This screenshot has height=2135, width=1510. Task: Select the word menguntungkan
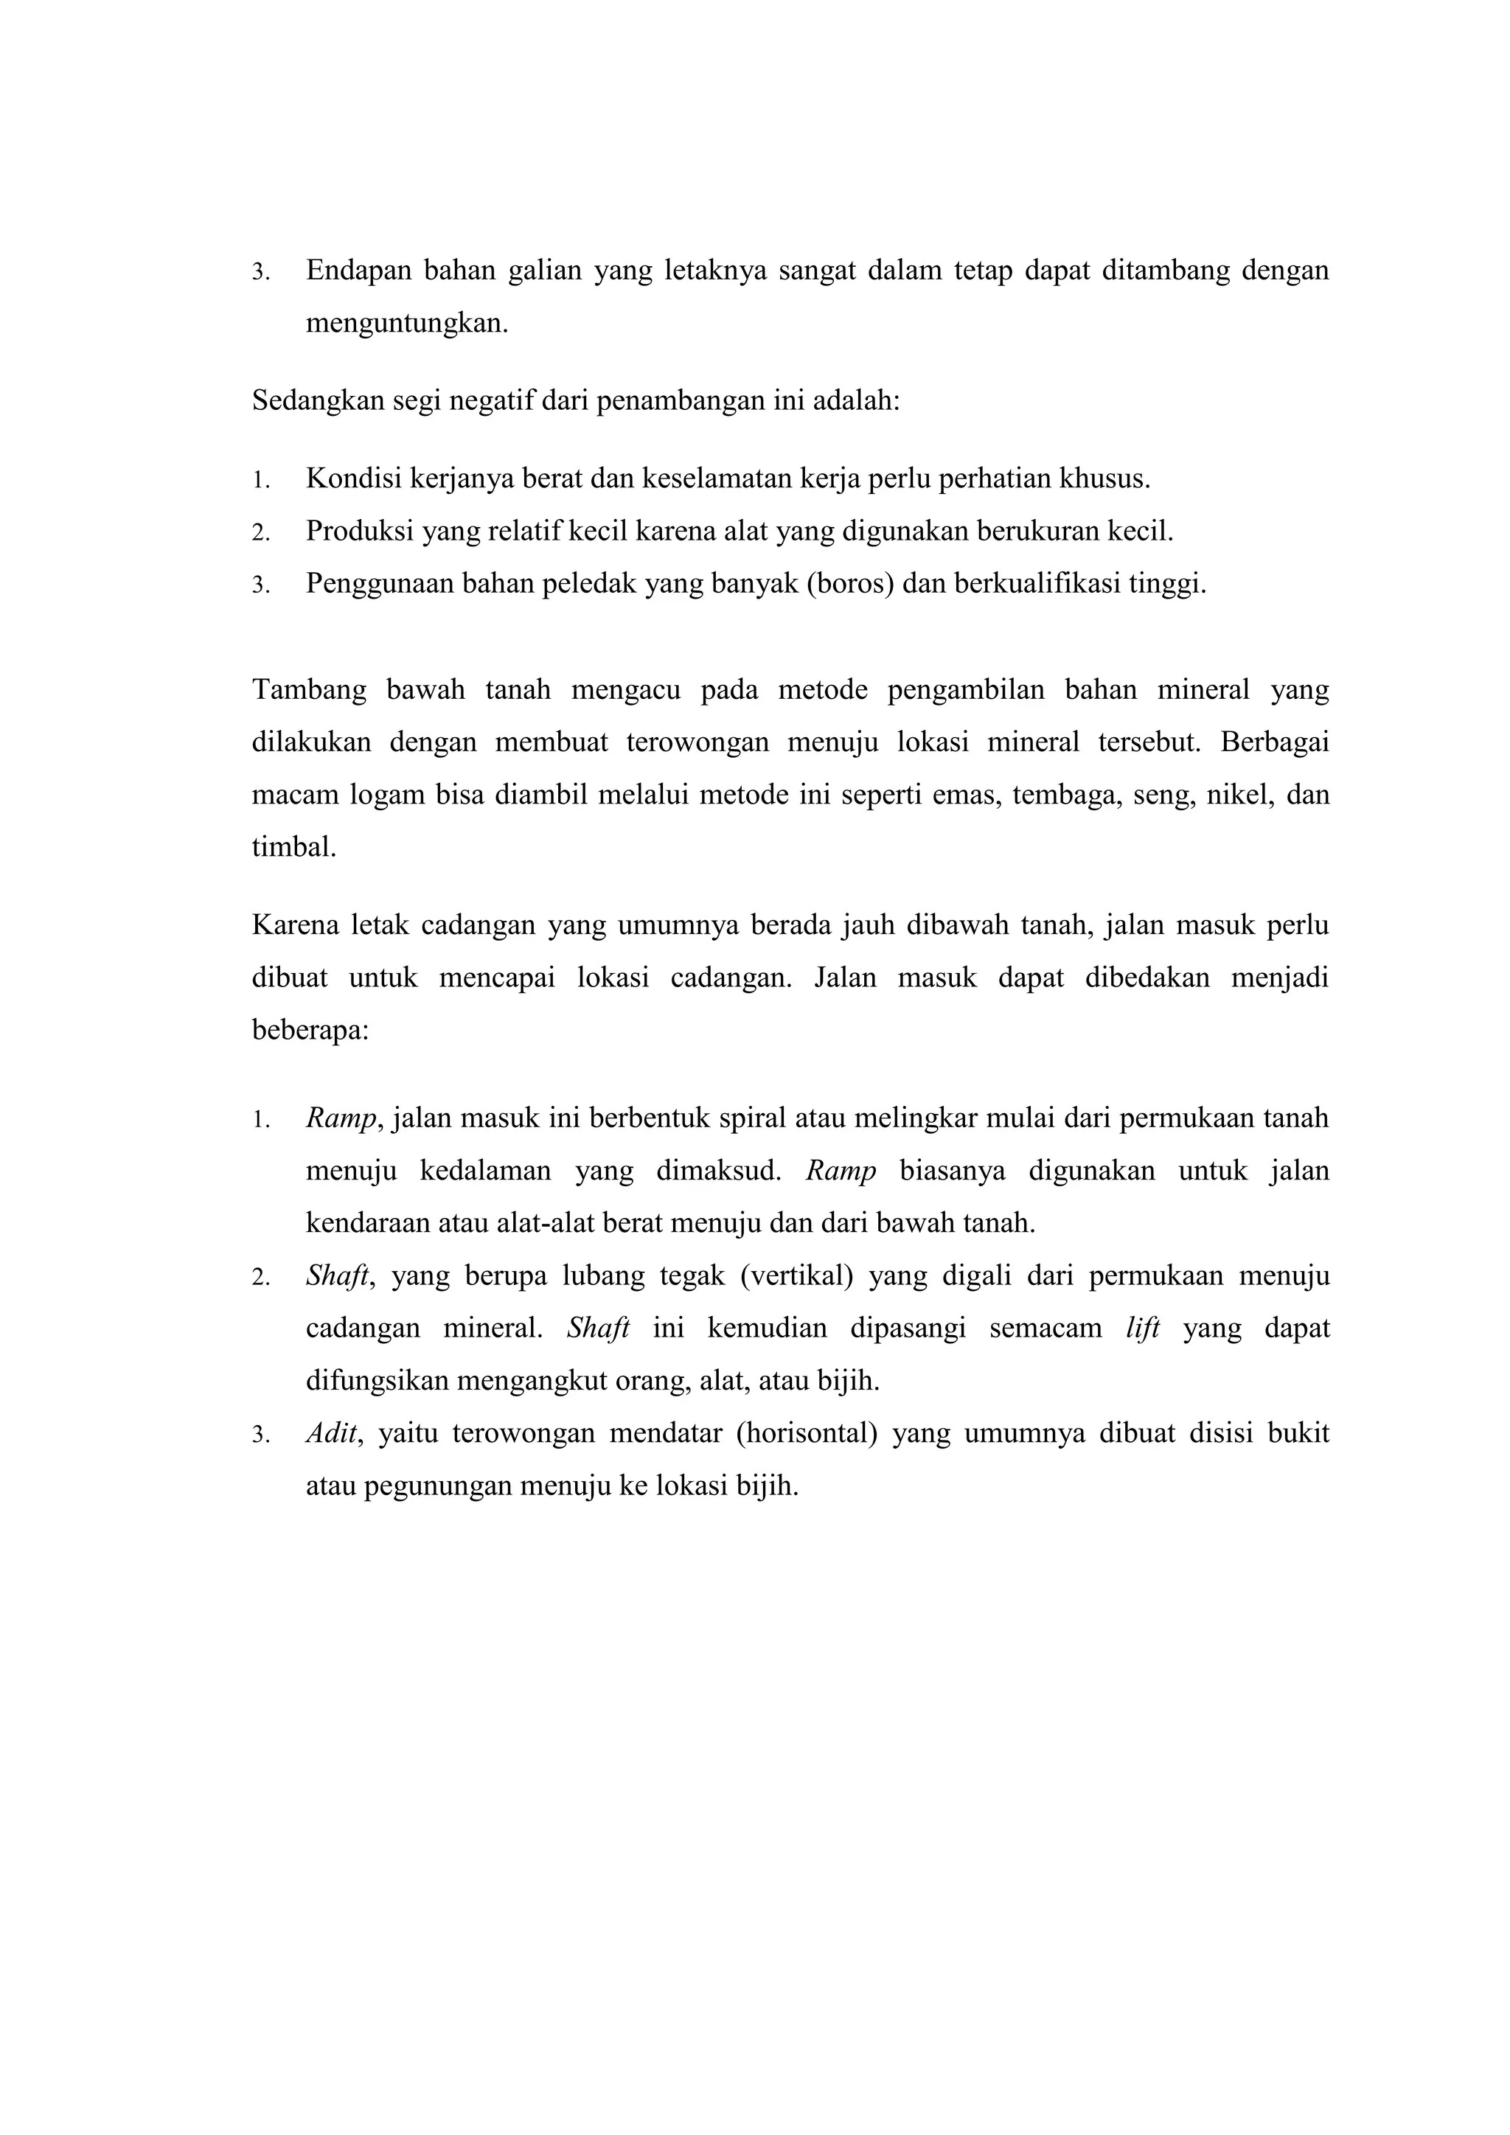[406, 324]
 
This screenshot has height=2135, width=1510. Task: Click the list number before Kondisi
[260, 481]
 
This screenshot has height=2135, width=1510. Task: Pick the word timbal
[294, 847]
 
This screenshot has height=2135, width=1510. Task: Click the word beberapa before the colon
[309, 1031]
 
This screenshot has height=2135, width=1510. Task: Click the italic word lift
[1143, 1328]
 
